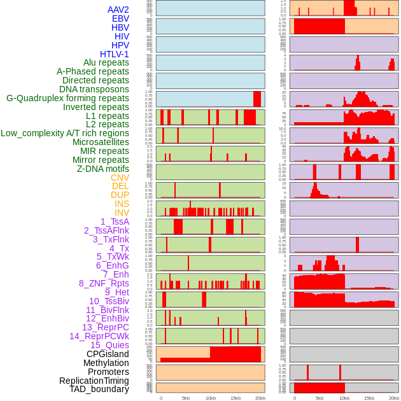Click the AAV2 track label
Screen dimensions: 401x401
click(x=118, y=10)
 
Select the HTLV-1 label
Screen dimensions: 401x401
click(x=114, y=54)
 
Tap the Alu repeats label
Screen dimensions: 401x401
click(x=106, y=63)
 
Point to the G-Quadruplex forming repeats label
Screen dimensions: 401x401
click(x=67, y=99)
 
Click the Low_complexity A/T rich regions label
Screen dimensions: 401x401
click(x=64, y=134)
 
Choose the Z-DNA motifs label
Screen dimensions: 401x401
click(x=102, y=169)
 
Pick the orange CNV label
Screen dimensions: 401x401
click(x=120, y=178)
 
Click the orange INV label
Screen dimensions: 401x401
click(x=122, y=213)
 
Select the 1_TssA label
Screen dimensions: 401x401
click(x=115, y=222)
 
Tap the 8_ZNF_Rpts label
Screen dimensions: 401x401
click(x=104, y=284)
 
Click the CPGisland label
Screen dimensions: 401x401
click(x=108, y=355)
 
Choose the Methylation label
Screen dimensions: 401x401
click(x=106, y=363)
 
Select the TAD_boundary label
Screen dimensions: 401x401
click(x=99, y=390)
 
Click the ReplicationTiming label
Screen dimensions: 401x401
click(x=94, y=381)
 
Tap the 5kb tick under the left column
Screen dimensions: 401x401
click(x=186, y=398)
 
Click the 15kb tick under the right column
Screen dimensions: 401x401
click(x=369, y=398)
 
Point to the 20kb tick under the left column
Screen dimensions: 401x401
click(x=260, y=398)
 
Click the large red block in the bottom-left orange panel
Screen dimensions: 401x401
click(x=235, y=354)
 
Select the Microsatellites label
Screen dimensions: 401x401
click(x=101, y=143)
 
